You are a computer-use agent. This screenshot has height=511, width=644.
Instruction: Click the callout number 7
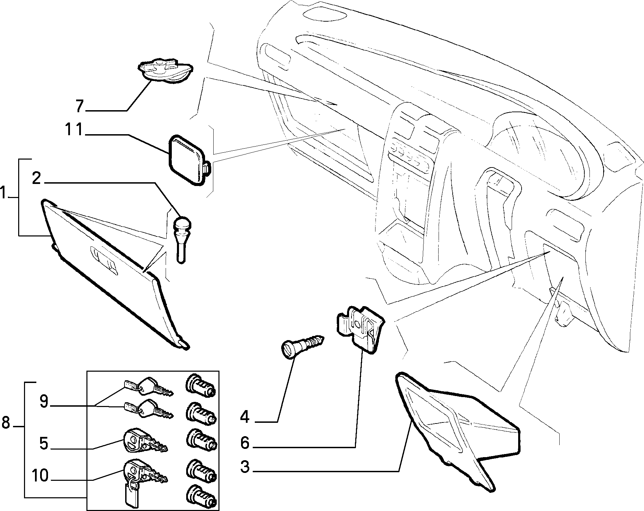[x=80, y=106]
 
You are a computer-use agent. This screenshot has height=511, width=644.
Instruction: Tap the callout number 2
[x=37, y=178]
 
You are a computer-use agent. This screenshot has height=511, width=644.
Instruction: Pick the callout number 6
[x=245, y=443]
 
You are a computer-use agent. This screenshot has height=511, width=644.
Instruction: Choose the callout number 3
[x=245, y=467]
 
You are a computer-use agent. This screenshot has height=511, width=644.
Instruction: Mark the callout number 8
[x=6, y=422]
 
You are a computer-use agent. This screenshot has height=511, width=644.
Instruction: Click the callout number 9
[x=44, y=401]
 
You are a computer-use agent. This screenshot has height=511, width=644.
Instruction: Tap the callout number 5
[x=44, y=443]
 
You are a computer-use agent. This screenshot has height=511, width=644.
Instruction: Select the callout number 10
[x=40, y=476]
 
